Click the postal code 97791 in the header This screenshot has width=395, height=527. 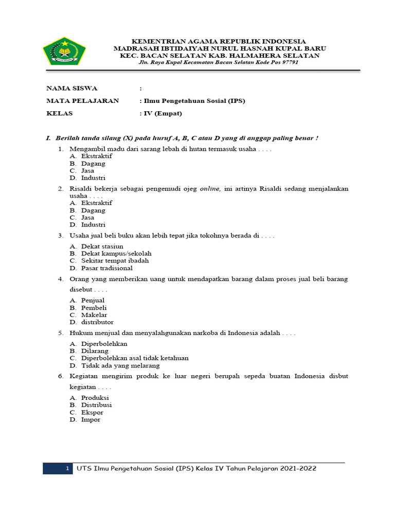click(289, 62)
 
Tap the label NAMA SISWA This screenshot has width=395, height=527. click(71, 88)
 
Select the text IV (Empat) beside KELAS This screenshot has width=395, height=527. click(163, 113)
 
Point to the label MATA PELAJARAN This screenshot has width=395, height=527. click(82, 101)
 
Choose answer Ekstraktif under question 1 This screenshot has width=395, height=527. click(97, 156)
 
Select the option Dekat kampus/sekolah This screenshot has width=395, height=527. click(116, 253)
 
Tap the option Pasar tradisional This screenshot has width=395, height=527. click(107, 268)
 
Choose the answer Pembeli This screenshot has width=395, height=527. click(94, 307)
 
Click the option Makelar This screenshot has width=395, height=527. click(94, 314)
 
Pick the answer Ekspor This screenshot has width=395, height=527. click(92, 412)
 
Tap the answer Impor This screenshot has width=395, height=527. click(91, 419)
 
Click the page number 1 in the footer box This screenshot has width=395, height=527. click(67, 469)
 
